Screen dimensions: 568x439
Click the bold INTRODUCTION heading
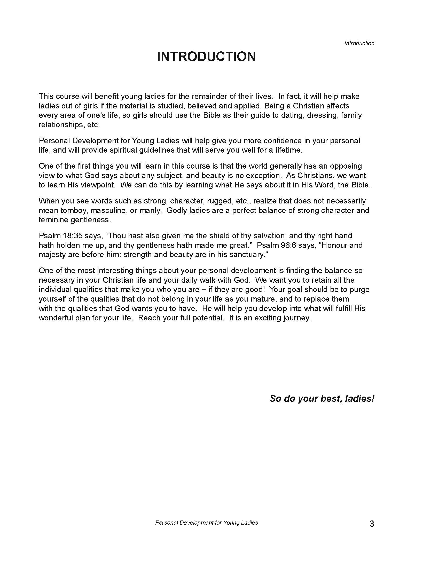tap(206, 57)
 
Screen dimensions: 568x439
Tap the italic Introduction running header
tap(359, 43)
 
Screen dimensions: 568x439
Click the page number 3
tap(372, 524)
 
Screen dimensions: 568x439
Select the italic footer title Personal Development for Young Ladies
tap(207, 523)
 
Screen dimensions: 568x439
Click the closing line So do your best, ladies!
tap(322, 399)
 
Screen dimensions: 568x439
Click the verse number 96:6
tap(287, 245)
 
